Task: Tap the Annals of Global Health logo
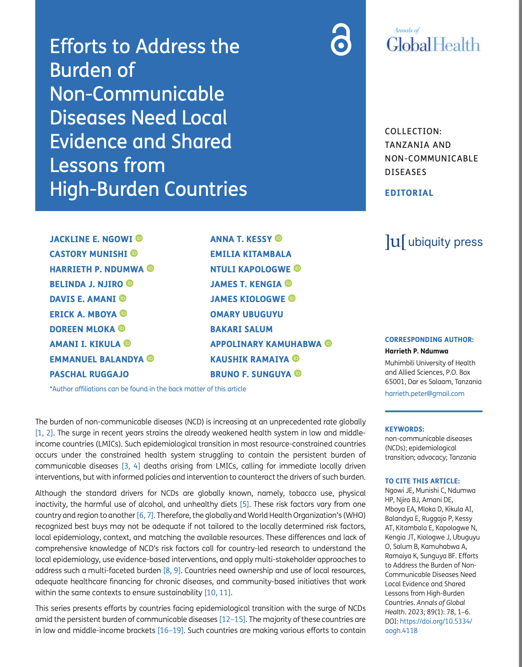433,42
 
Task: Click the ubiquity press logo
434,242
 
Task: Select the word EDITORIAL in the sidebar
409,193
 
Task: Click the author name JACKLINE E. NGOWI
91,239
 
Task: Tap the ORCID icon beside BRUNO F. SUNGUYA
298,373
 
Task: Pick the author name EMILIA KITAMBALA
251,254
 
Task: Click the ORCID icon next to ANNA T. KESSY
278,239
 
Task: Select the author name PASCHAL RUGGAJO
89,374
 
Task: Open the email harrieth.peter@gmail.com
424,393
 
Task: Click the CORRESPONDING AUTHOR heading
429,339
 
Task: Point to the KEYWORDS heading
404,429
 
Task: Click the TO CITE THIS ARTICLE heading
422,481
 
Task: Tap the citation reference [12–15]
232,619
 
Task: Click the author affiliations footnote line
148,389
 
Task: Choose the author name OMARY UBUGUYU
247,314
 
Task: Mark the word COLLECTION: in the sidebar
413,131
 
